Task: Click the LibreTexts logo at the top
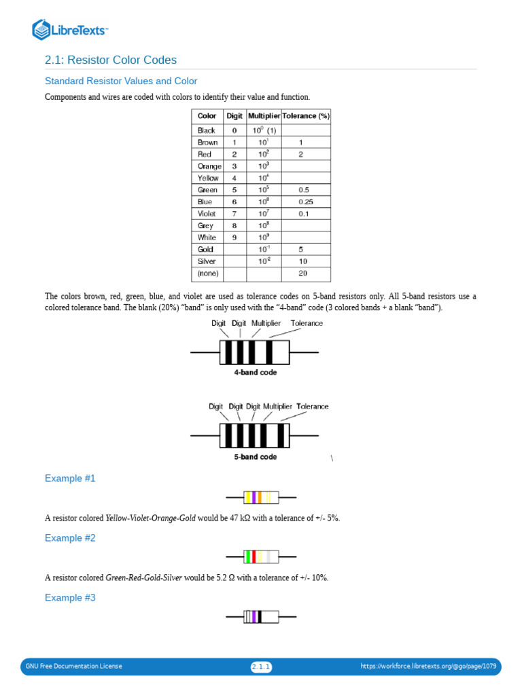click(70, 29)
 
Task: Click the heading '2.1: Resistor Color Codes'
click(111, 60)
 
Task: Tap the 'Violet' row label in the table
click(207, 214)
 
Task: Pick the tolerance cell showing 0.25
click(305, 202)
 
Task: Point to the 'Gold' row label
click(205, 249)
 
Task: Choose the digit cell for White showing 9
click(234, 238)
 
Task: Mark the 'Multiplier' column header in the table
click(264, 116)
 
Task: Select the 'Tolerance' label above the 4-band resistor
click(307, 323)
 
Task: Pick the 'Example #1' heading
click(70, 478)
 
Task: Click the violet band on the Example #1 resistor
click(254, 497)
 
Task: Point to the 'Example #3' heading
click(70, 598)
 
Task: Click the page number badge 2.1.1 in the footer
click(261, 667)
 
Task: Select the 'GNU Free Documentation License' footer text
click(74, 666)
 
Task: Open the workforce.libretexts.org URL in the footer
click(428, 666)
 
